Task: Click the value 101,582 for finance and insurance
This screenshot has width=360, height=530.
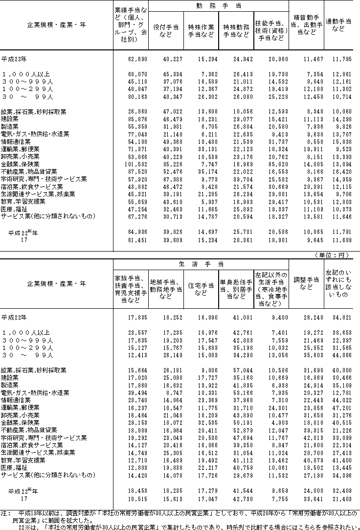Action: click(131, 164)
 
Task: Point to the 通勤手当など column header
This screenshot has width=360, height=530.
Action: click(341, 25)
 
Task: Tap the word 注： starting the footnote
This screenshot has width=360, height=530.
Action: click(6, 513)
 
